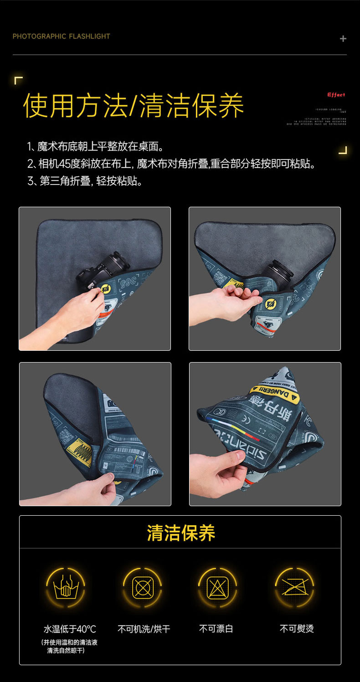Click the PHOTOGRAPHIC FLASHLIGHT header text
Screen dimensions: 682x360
(61, 36)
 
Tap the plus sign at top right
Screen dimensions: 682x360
(343, 39)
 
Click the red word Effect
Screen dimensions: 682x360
(336, 95)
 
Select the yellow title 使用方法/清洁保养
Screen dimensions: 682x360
(134, 106)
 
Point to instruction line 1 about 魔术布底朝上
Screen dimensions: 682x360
(95, 147)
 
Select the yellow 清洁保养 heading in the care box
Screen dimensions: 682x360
(181, 533)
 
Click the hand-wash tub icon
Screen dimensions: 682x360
(66, 588)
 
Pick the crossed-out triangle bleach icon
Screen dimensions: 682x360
(217, 588)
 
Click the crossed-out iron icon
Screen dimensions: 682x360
(294, 588)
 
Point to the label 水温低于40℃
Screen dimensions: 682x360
(70, 629)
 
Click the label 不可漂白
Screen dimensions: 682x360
(216, 629)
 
